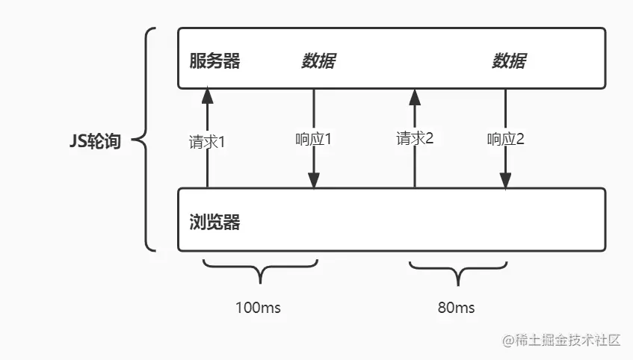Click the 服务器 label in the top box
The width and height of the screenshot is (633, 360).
pyautogui.click(x=214, y=61)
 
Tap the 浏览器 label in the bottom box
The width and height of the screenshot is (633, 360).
pyautogui.click(x=214, y=222)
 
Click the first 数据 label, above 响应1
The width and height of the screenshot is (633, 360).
pyautogui.click(x=318, y=61)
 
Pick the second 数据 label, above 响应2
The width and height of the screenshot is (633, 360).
pyautogui.click(x=508, y=61)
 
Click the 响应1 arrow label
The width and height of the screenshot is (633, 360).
pyautogui.click(x=314, y=139)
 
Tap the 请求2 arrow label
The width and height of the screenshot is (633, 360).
pyautogui.click(x=415, y=138)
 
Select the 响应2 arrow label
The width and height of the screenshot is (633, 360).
pyautogui.click(x=505, y=139)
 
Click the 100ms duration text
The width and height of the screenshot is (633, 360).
pyautogui.click(x=259, y=308)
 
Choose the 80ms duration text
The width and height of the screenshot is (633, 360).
pyautogui.click(x=456, y=308)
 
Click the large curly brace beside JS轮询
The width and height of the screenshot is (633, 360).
pyautogui.click(x=147, y=140)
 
